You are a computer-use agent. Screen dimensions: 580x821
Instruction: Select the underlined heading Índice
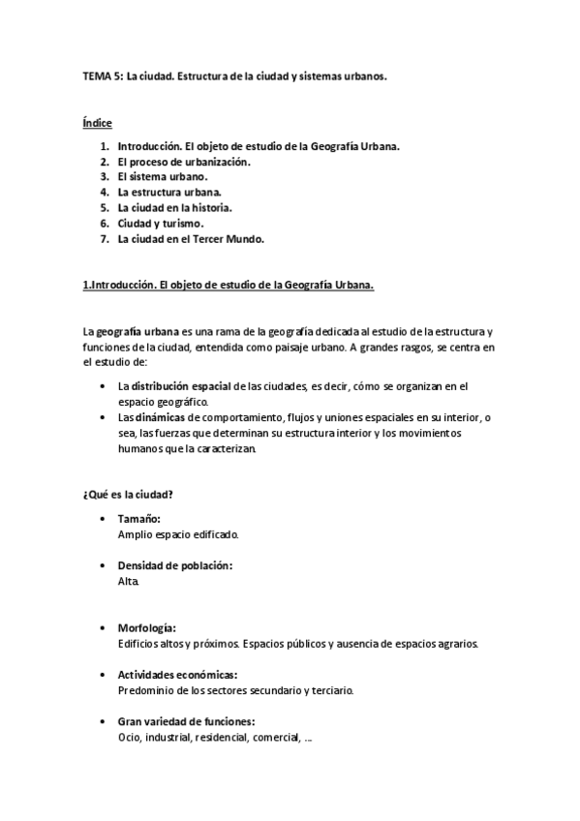pos(97,124)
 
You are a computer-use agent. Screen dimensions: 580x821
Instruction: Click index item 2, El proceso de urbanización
pos(183,162)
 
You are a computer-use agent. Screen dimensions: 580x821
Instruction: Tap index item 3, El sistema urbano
pos(162,177)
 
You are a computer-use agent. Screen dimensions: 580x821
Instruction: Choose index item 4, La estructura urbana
pos(175,193)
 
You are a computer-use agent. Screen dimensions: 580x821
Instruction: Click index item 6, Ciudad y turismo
pos(160,223)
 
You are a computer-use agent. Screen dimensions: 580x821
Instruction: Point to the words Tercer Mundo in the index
pos(232,238)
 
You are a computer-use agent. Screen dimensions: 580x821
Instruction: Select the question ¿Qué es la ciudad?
pos(128,495)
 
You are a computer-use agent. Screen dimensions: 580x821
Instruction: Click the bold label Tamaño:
pos(138,519)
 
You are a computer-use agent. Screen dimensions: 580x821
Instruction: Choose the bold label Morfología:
pos(146,627)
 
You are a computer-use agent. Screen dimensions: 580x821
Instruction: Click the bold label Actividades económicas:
pos(177,674)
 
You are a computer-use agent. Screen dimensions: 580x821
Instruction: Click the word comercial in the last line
pos(276,737)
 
